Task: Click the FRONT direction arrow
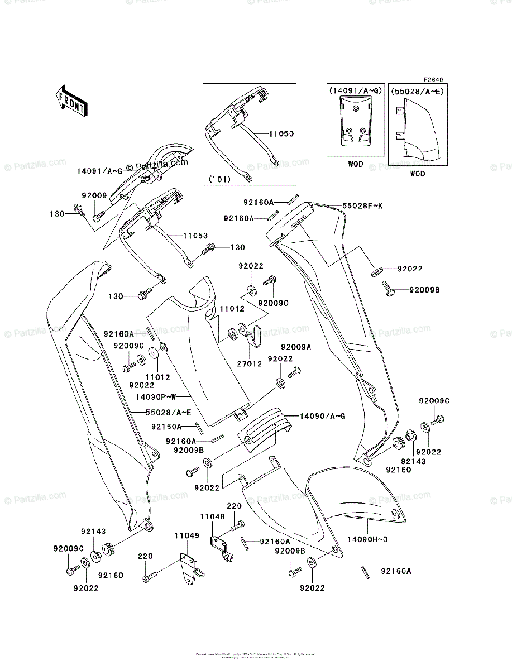click(71, 99)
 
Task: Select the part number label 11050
click(281, 135)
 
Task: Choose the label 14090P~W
click(157, 397)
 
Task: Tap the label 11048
click(214, 518)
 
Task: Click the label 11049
click(186, 535)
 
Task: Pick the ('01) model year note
click(219, 179)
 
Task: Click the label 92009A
click(296, 347)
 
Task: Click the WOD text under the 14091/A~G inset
click(355, 164)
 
